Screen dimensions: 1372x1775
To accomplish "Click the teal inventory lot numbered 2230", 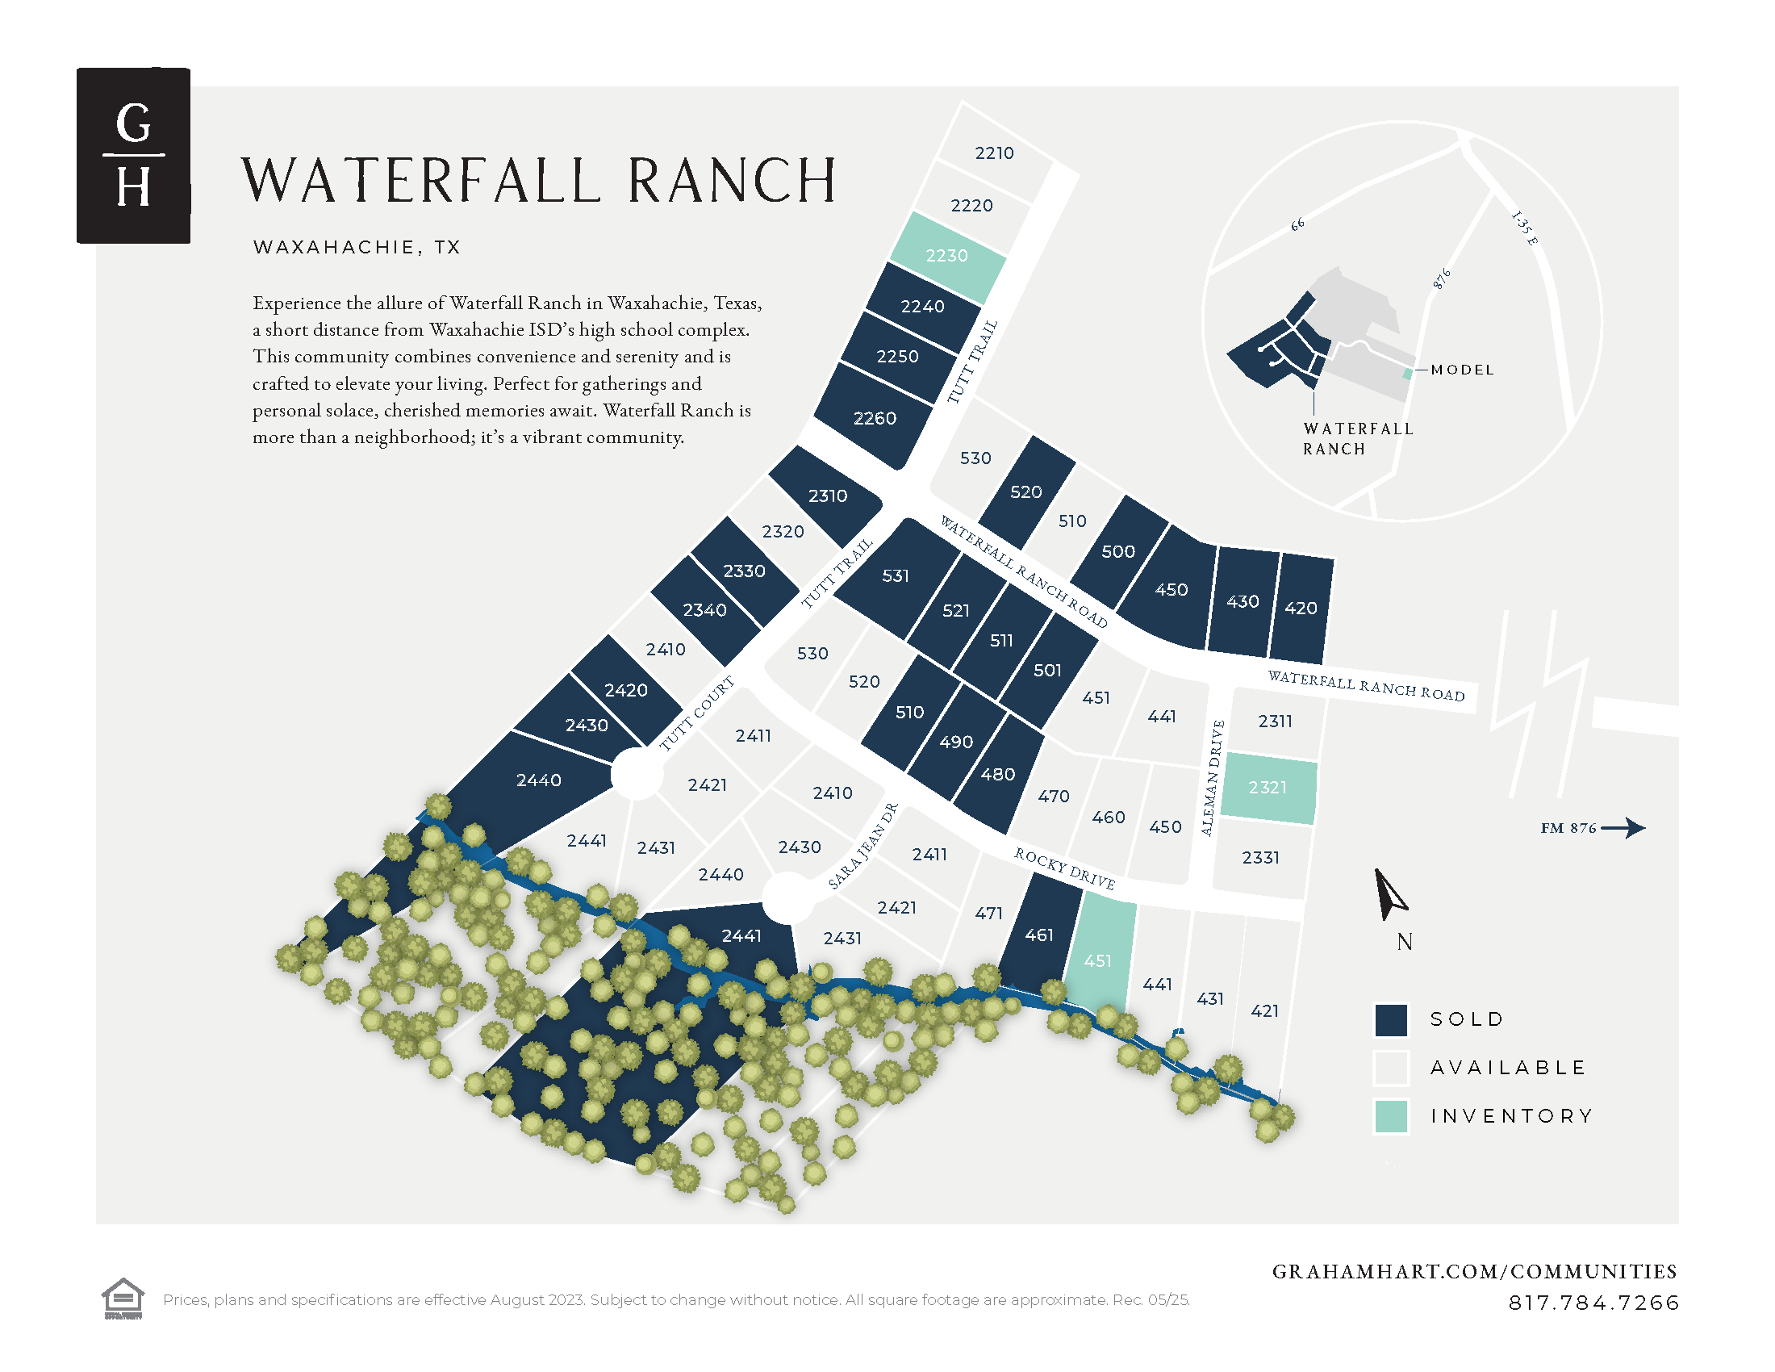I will pos(948,256).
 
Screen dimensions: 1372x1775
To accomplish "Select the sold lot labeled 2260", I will pos(875,418).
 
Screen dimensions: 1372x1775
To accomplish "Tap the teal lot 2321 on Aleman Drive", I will pos(1268,788).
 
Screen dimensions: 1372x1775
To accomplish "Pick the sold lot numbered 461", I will pos(1038,935).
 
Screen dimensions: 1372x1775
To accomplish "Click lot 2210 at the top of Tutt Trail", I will pos(994,153).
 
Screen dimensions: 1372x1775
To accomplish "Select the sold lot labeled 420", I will pos(1301,608).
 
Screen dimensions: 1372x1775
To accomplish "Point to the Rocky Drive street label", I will pos(1064,868).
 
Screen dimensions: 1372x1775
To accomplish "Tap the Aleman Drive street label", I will pos(1212,778).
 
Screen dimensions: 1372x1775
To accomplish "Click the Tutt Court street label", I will pos(696,713).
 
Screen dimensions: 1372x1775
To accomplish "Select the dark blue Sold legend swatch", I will pos(1391,1020).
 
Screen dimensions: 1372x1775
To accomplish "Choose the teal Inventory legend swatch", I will pos(1391,1116).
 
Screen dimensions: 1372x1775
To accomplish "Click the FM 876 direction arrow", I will pos(1623,828).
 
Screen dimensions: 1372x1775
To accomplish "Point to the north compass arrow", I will pos(1389,894).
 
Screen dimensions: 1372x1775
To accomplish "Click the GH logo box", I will pos(133,155).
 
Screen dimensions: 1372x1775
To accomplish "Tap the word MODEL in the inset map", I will pos(1462,370).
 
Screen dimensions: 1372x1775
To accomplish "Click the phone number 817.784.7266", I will pos(1593,1303).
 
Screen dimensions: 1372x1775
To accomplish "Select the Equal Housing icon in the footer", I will pos(123,1299).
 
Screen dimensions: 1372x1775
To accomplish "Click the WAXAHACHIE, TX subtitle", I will pos(357,247).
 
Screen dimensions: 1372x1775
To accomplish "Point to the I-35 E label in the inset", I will pos(1524,228).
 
